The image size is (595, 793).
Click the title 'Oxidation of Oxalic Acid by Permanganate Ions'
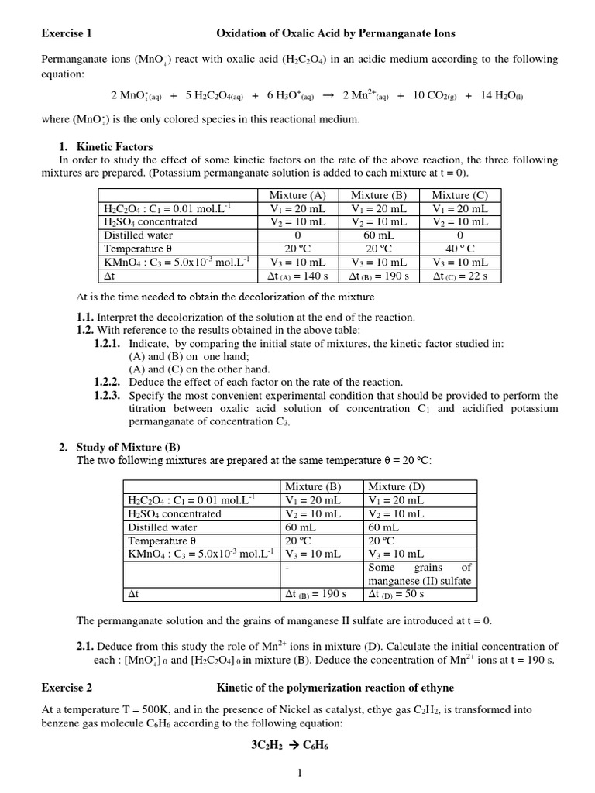[335, 33]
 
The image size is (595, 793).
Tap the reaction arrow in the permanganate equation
[327, 95]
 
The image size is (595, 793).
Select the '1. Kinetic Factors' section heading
[106, 146]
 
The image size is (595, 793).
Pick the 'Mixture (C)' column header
[460, 195]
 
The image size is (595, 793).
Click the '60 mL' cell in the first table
[380, 235]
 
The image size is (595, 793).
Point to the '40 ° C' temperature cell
[460, 249]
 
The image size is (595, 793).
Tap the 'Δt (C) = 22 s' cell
[460, 276]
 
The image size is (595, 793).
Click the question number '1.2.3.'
[108, 396]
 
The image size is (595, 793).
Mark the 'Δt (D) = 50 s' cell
[394, 594]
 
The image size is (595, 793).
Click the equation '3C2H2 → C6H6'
[297, 748]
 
